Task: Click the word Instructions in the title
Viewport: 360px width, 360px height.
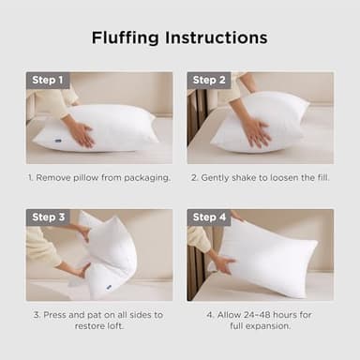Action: (217, 38)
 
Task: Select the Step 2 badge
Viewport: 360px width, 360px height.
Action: (208, 80)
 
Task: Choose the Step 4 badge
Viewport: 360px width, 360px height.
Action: (208, 217)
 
